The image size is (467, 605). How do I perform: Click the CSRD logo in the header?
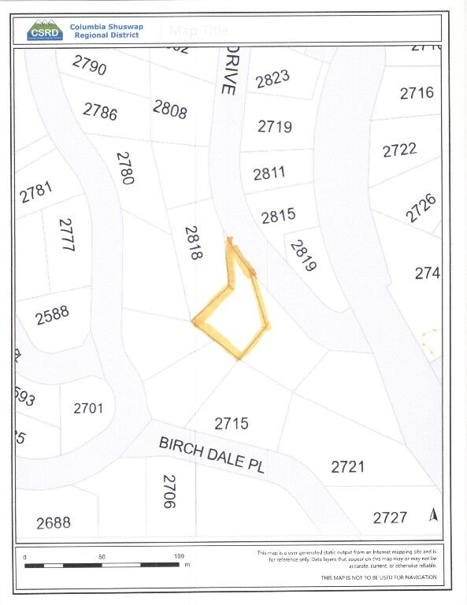[x=44, y=30]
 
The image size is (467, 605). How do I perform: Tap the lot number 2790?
[x=89, y=65]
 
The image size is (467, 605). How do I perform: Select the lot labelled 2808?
[x=170, y=109]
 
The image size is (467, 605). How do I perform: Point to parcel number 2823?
[x=273, y=80]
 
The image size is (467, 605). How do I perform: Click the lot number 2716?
[x=417, y=93]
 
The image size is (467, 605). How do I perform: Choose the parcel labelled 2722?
[x=399, y=150]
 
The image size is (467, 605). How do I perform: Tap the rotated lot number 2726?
[x=421, y=207]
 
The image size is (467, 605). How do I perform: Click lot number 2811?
[x=269, y=173]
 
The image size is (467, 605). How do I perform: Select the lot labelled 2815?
[x=278, y=215]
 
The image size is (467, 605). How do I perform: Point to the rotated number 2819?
[x=302, y=256]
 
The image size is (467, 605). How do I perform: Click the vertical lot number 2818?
[x=194, y=243]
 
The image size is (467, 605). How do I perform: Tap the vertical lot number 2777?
[x=66, y=235]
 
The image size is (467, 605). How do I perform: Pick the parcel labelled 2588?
[x=53, y=315]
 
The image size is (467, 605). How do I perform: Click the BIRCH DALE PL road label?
[x=212, y=455]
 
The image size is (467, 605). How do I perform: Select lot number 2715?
[x=232, y=423]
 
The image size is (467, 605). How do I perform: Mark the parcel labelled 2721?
[x=347, y=466]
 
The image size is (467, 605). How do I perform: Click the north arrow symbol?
[x=432, y=514]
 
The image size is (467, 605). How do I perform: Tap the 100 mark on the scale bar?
[x=179, y=556]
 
